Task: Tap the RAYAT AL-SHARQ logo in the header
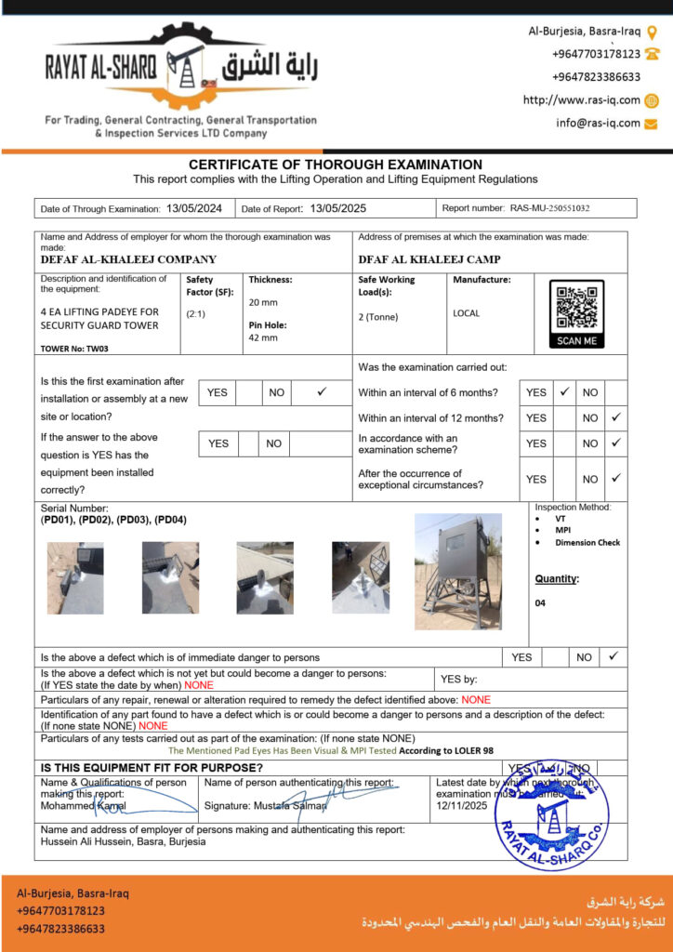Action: pyautogui.click(x=180, y=70)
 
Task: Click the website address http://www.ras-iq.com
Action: pyautogui.click(x=582, y=100)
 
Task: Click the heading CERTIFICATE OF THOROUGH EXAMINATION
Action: pyautogui.click(x=336, y=165)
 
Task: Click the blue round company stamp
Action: pyautogui.click(x=552, y=815)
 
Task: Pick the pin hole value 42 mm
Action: pyautogui.click(x=262, y=337)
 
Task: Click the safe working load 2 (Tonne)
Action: pyautogui.click(x=378, y=316)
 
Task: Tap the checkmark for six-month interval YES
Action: pyautogui.click(x=564, y=392)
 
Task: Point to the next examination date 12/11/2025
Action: pyautogui.click(x=462, y=806)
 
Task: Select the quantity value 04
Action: pyautogui.click(x=541, y=602)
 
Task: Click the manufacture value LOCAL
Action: pyautogui.click(x=467, y=313)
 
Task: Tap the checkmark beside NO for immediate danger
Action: pyautogui.click(x=613, y=656)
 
